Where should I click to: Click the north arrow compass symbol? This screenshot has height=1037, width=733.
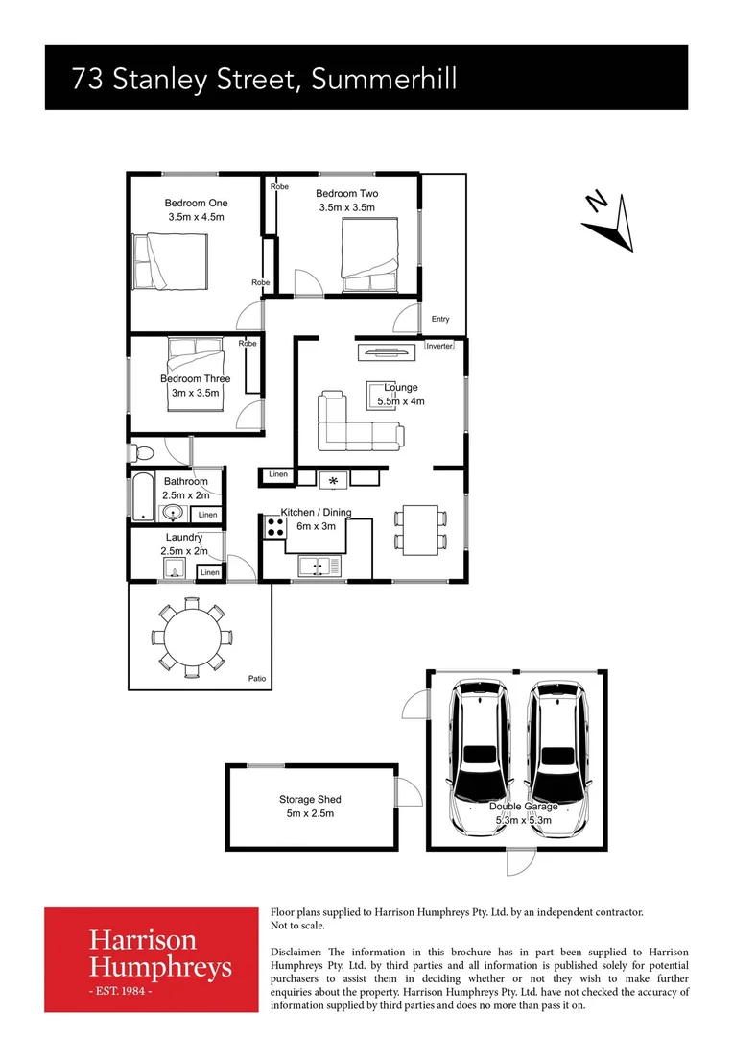point(609,220)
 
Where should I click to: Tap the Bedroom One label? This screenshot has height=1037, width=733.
point(196,203)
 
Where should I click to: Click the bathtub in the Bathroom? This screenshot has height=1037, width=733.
point(140,496)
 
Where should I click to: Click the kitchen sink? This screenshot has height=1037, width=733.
point(319,567)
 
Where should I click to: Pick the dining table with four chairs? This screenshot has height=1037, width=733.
point(420,529)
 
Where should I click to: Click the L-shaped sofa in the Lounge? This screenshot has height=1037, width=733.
point(355,423)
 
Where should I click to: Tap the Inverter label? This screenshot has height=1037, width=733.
point(439,346)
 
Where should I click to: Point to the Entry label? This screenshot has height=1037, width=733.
point(440,319)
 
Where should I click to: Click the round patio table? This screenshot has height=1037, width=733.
point(190,636)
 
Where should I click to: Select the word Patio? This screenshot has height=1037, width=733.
point(256,679)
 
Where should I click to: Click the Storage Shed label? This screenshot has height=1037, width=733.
point(310,799)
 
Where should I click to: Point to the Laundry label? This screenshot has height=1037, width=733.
point(184,538)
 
